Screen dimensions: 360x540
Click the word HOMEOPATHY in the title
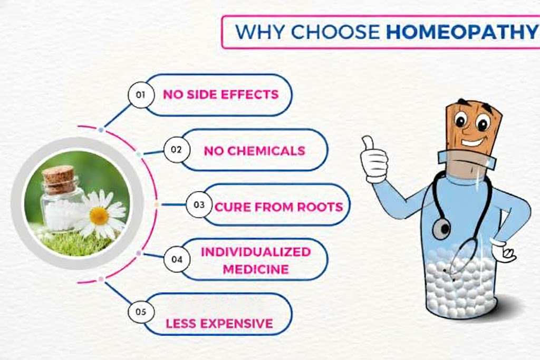coord(461,32)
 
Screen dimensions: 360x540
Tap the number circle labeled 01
coord(141,95)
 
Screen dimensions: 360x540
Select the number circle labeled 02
coord(177,150)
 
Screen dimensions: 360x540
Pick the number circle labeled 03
coord(199,205)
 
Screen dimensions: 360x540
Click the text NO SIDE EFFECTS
coord(220,95)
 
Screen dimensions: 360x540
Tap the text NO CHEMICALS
coord(255,151)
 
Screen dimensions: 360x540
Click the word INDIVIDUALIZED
coord(256,251)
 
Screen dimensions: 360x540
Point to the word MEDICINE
coord(256,269)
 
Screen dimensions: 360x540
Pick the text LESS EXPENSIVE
coord(219,323)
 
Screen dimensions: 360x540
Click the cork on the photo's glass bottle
coord(59,179)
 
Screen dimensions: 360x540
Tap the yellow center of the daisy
coord(99,215)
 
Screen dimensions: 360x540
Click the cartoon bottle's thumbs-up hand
coord(374,159)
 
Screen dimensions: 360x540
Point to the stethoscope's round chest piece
coord(441,228)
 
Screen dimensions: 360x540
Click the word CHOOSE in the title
coord(335,32)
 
